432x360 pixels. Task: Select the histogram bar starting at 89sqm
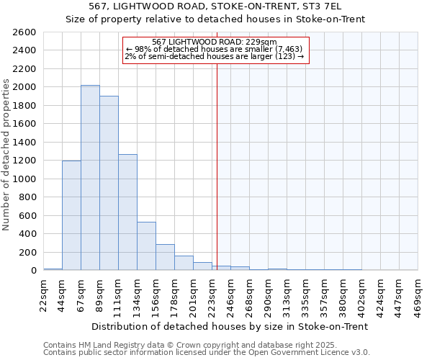(x=109, y=183)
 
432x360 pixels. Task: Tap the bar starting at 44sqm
(x=71, y=215)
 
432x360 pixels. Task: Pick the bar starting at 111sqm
(x=127, y=212)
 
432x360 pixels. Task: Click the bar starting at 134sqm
(x=146, y=246)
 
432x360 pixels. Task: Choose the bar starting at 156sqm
(x=165, y=257)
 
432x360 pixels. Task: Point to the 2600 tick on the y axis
(x=24, y=32)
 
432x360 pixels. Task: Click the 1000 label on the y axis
(x=24, y=179)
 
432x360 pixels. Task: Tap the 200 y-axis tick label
(x=27, y=252)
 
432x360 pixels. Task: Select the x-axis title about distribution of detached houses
(x=230, y=326)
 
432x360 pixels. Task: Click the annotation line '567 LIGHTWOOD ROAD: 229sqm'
(x=215, y=42)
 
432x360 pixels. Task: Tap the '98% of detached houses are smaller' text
(x=215, y=49)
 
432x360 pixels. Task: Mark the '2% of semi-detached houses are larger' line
(x=215, y=56)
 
